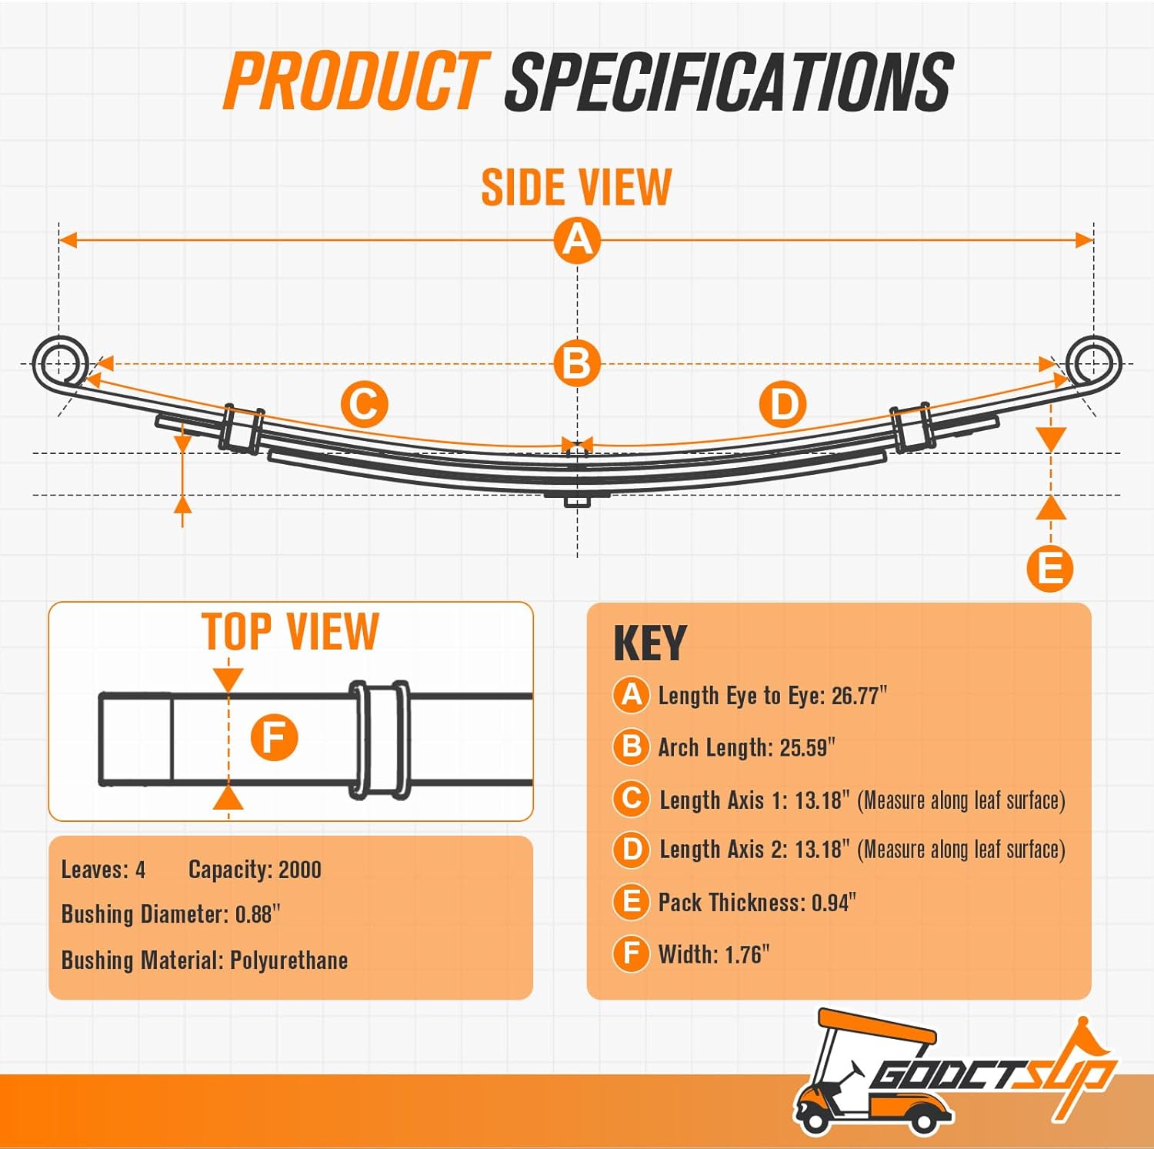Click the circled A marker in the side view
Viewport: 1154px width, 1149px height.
click(x=577, y=240)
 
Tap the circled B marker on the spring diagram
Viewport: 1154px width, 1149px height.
click(x=577, y=363)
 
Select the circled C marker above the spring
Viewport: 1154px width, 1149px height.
click(x=364, y=405)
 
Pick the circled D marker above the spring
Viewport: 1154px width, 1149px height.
click(x=782, y=405)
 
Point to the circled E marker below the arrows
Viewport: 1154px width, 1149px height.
click(x=1050, y=569)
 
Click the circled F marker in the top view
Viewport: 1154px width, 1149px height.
click(x=274, y=737)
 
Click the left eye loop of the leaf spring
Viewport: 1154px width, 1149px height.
click(x=60, y=362)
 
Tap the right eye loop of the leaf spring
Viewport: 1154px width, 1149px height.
click(x=1093, y=362)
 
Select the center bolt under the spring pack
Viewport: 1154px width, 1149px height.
click(x=577, y=501)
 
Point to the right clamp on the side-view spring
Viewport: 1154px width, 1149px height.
click(x=912, y=427)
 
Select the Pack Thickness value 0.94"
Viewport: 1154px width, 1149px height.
click(x=834, y=903)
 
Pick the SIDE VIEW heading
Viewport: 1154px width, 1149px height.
click(x=576, y=188)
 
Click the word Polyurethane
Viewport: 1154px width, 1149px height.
click(x=289, y=960)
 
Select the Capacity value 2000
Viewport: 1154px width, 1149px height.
click(x=299, y=870)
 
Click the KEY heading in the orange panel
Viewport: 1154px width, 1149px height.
click(x=649, y=643)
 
